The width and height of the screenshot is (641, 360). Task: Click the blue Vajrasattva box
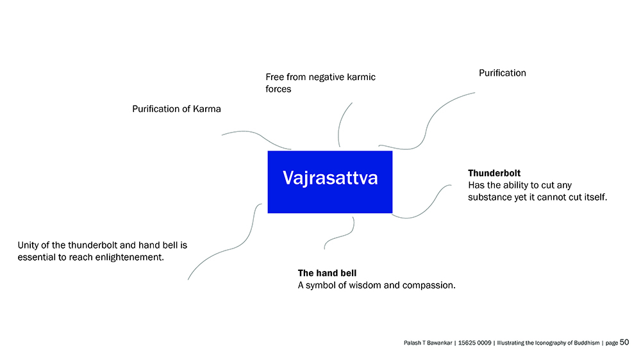(x=330, y=182)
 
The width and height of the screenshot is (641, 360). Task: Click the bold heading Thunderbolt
(x=494, y=173)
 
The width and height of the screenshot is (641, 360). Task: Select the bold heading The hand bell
(x=327, y=273)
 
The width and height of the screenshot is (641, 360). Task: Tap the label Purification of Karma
(x=177, y=109)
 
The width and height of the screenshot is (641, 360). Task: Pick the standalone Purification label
(x=503, y=73)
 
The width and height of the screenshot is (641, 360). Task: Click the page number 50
(x=624, y=343)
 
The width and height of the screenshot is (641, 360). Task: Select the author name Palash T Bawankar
(x=428, y=343)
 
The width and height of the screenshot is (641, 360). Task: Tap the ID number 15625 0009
(x=474, y=343)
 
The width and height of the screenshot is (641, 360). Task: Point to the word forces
(x=278, y=89)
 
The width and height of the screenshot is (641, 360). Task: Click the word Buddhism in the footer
(x=587, y=343)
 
